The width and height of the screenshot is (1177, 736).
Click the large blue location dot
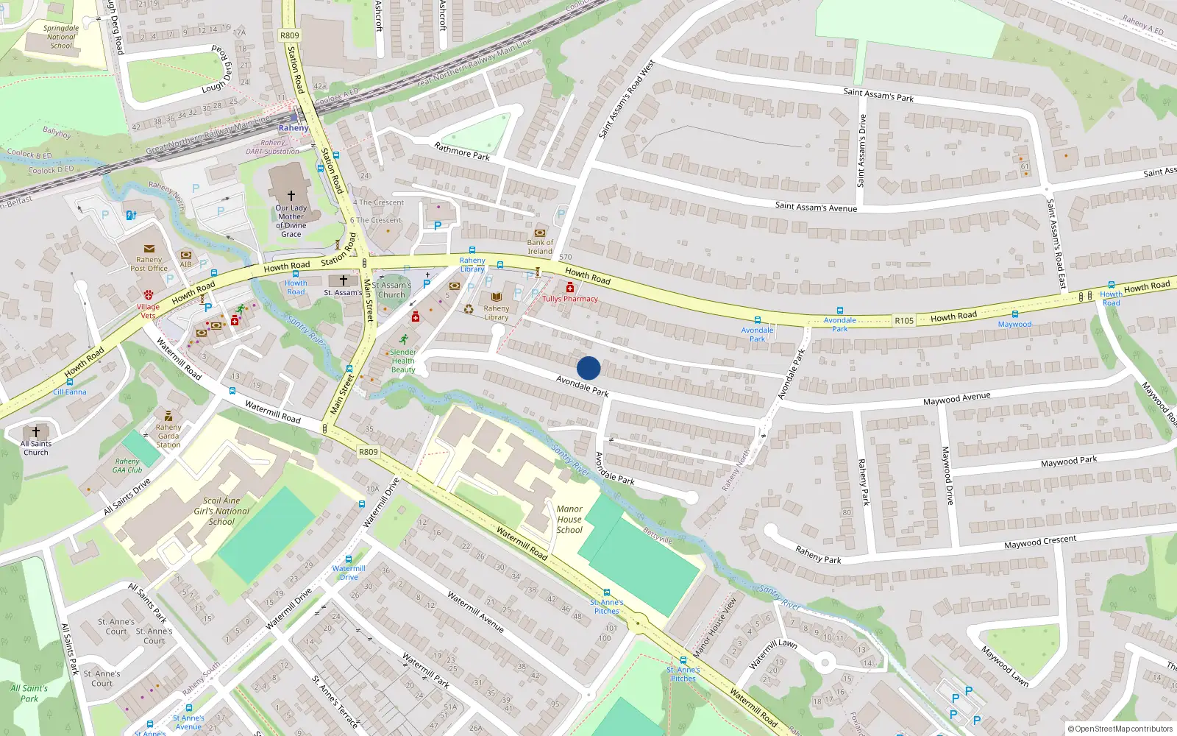point(588,368)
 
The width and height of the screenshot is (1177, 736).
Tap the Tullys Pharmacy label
point(570,299)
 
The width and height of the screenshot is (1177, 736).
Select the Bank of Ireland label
point(540,247)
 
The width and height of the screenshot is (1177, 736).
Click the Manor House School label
point(569,519)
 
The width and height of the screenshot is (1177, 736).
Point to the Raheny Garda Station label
point(168,436)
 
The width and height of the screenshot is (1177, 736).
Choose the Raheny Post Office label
point(149,263)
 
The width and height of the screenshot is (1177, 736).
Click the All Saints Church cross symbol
point(36,432)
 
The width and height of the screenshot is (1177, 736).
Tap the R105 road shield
point(904,320)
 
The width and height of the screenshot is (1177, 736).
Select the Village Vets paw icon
point(149,294)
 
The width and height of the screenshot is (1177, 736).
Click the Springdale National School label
point(61,37)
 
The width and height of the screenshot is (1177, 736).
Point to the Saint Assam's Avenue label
point(816,207)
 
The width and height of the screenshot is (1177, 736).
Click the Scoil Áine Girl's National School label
point(221,511)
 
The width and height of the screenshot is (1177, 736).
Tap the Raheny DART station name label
point(294,128)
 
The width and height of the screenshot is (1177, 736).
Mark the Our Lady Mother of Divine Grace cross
point(291,195)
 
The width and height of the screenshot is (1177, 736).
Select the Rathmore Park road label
point(462,152)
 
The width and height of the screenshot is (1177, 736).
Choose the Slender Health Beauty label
point(403,361)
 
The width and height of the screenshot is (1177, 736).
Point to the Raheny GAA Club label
point(127,466)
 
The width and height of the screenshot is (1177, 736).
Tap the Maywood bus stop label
point(1014,324)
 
